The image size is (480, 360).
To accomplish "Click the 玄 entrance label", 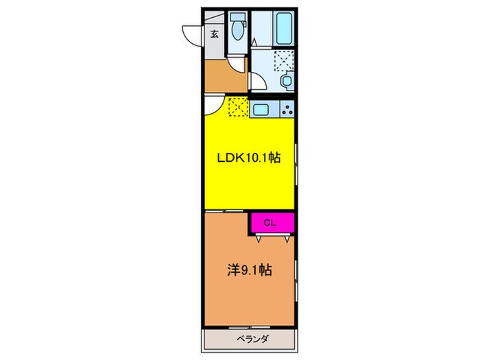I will pyautogui.click(x=215, y=34).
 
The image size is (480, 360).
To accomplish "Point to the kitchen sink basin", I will pyautogui.click(x=261, y=108).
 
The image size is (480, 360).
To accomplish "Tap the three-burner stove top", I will pyautogui.click(x=287, y=108).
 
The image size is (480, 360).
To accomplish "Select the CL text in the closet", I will pyautogui.click(x=272, y=222).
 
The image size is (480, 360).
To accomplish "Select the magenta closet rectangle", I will pyautogui.click(x=272, y=222).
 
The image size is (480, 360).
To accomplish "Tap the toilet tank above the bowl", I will pyautogui.click(x=237, y=18).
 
